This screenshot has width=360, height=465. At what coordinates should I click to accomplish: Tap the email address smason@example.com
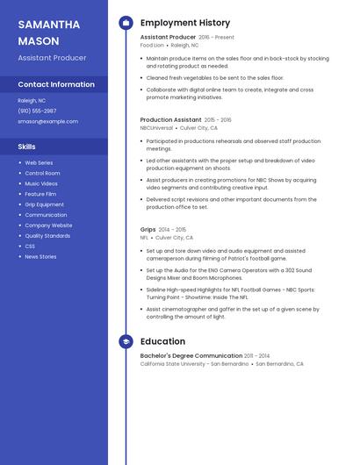(47, 121)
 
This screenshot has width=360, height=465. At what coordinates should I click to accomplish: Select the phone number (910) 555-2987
(37, 111)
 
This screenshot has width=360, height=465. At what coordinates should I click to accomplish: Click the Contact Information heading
(56, 84)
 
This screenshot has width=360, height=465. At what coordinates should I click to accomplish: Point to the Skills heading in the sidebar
(27, 147)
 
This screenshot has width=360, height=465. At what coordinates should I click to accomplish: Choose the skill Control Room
(42, 173)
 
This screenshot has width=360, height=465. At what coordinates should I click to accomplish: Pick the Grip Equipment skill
(44, 204)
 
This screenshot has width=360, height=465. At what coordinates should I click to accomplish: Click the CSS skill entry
(30, 246)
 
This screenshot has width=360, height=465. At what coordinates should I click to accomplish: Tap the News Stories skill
(40, 256)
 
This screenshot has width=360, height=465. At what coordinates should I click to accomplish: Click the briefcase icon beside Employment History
(126, 23)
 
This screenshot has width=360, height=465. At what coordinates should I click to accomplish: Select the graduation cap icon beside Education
(126, 341)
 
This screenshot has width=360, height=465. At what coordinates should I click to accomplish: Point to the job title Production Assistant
(170, 119)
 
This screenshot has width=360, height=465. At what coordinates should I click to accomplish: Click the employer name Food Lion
(152, 45)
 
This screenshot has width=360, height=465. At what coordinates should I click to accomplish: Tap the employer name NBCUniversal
(157, 127)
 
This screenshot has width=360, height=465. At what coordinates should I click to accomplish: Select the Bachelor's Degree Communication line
(191, 355)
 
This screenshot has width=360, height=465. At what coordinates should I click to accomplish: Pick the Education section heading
(162, 341)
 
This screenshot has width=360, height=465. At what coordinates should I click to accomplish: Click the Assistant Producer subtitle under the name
(52, 57)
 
